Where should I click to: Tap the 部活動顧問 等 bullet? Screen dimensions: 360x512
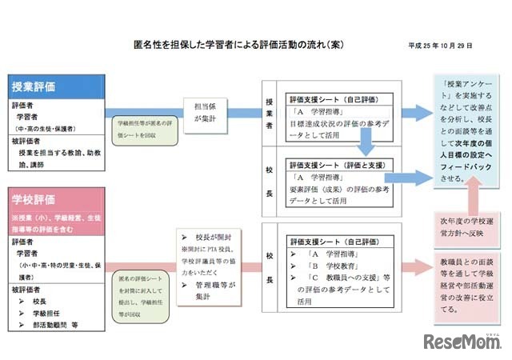(56, 326)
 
